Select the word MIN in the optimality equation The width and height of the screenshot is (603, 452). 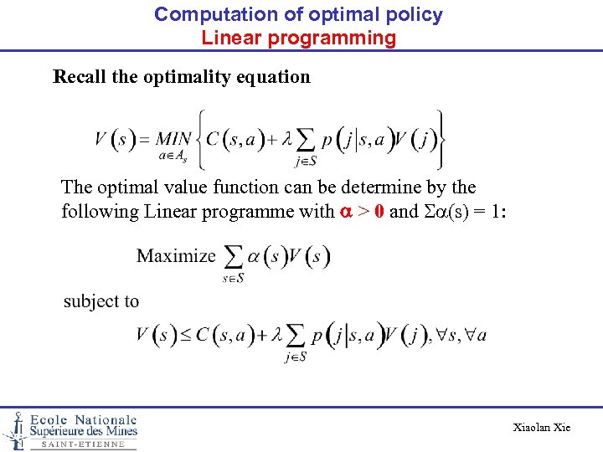tap(173, 139)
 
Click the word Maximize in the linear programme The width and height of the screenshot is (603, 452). tap(176, 255)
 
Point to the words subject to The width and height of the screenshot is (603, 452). tap(101, 300)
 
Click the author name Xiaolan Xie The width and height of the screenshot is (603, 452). tap(542, 428)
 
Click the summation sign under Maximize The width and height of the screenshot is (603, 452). tap(234, 256)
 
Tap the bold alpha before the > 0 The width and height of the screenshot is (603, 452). tap(345, 211)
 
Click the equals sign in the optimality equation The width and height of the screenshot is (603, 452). tap(144, 139)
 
